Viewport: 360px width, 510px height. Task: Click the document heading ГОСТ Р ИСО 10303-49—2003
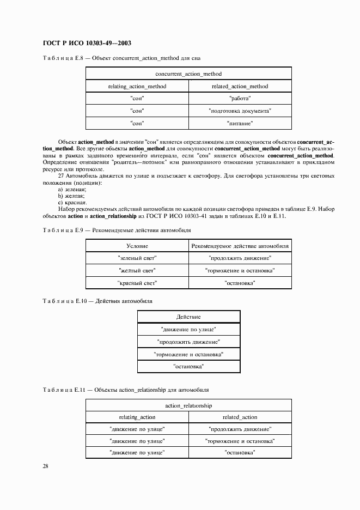click(x=87, y=43)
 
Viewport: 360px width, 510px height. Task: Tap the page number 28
click(x=45, y=466)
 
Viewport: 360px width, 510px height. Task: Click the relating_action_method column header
click(x=137, y=86)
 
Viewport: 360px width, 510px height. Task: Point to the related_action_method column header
click(x=240, y=86)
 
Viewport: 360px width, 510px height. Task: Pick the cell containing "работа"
click(x=240, y=99)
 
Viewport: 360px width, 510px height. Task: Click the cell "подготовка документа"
click(x=240, y=111)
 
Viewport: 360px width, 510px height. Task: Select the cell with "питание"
click(x=240, y=124)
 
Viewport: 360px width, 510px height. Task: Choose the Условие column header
click(x=137, y=246)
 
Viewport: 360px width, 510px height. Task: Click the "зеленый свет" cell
click(x=137, y=258)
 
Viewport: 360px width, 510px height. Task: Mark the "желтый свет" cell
click(x=137, y=271)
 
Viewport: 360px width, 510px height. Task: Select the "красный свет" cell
click(x=137, y=283)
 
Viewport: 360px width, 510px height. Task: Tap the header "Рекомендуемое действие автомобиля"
click(x=240, y=246)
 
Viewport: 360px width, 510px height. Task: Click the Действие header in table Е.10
click(x=188, y=317)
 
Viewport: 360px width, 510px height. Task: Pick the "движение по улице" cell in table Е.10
click(x=188, y=330)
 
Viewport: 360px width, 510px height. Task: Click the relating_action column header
click(x=137, y=417)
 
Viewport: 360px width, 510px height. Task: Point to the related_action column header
click(x=240, y=417)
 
